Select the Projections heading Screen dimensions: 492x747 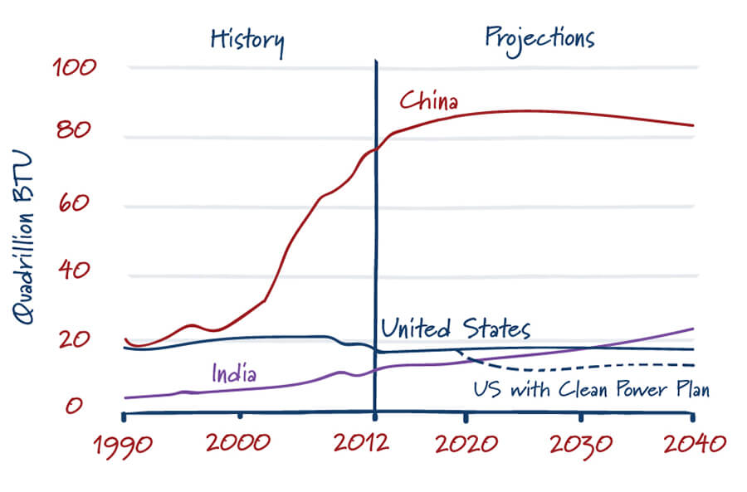[539, 37]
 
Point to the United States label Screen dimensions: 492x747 [455, 329]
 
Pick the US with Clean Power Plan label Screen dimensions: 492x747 [591, 389]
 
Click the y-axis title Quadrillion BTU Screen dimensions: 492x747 [23, 237]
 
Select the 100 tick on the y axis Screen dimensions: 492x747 [76, 67]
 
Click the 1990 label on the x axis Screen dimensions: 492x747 [123, 445]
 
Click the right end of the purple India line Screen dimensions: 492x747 [692, 329]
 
